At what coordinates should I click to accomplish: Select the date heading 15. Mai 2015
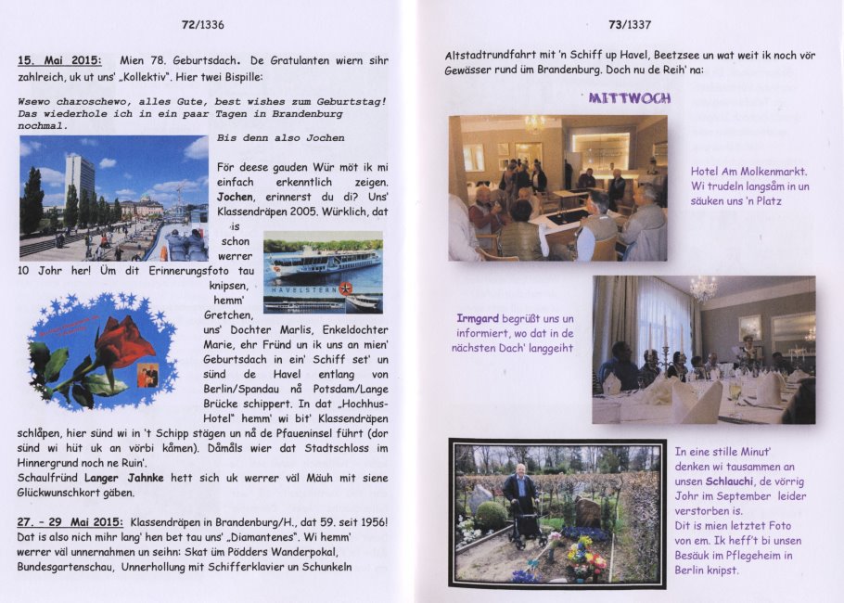pos(60,60)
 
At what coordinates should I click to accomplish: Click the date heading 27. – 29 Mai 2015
pos(71,522)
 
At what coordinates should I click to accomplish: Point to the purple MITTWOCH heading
pos(630,97)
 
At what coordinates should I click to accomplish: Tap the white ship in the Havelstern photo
pos(321,261)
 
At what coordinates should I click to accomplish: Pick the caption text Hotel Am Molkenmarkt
pos(748,172)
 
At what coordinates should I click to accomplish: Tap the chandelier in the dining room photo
pos(702,289)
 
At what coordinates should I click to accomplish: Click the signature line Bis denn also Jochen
pos(280,138)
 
